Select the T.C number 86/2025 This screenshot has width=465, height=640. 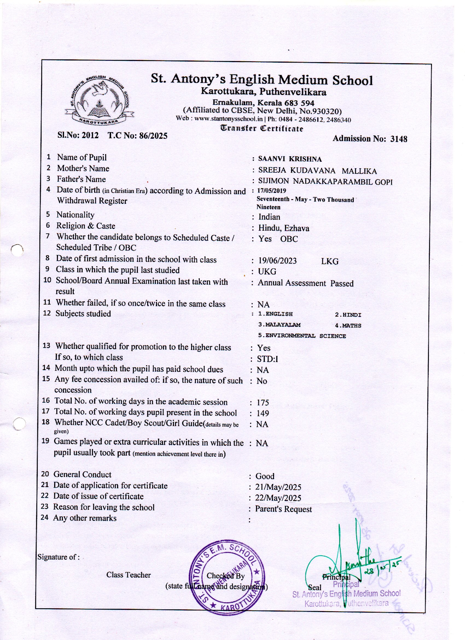pyautogui.click(x=152, y=136)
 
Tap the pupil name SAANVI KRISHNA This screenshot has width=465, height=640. pyautogui.click(x=290, y=159)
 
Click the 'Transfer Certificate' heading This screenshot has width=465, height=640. pyautogui.click(x=262, y=129)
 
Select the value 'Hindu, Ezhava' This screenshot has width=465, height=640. pyautogui.click(x=284, y=228)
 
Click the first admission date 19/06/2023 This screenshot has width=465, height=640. pyautogui.click(x=277, y=260)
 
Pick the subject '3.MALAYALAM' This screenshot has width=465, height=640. pyautogui.click(x=279, y=325)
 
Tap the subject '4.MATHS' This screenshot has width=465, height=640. pyautogui.click(x=348, y=326)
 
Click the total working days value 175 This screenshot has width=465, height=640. pyautogui.click(x=262, y=402)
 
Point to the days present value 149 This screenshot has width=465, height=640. pyautogui.click(x=262, y=413)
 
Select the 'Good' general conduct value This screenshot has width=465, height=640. pyautogui.click(x=265, y=476)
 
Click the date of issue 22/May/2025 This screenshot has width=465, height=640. pyautogui.click(x=278, y=498)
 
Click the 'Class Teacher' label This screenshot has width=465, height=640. pyautogui.click(x=128, y=575)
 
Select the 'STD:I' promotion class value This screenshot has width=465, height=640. pyautogui.click(x=267, y=359)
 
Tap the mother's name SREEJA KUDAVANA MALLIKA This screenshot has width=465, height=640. pyautogui.click(x=317, y=171)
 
